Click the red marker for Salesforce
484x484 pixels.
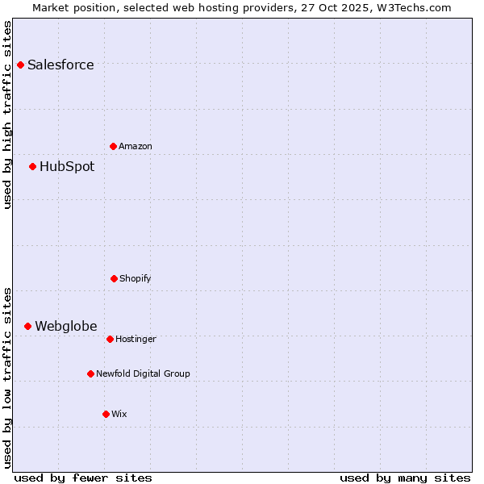[20, 65]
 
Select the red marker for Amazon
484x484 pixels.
[113, 146]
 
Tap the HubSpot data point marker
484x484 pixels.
[32, 166]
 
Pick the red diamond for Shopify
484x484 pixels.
[114, 278]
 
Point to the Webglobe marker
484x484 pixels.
[27, 326]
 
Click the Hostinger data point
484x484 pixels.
[110, 339]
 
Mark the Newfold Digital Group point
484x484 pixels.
[90, 373]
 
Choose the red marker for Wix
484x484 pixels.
[106, 414]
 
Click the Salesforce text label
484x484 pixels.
[60, 65]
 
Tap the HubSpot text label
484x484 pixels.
[67, 166]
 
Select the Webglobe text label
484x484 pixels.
[65, 326]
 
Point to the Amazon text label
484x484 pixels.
[136, 146]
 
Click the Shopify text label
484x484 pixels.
[136, 278]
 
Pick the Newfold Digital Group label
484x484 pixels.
[143, 373]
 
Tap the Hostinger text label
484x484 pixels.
[136, 339]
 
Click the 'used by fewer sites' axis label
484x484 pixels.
[83, 478]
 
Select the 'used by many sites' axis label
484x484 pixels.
[405, 478]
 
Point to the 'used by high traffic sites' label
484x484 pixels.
[7, 115]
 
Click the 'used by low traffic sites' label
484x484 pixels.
[7, 378]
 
